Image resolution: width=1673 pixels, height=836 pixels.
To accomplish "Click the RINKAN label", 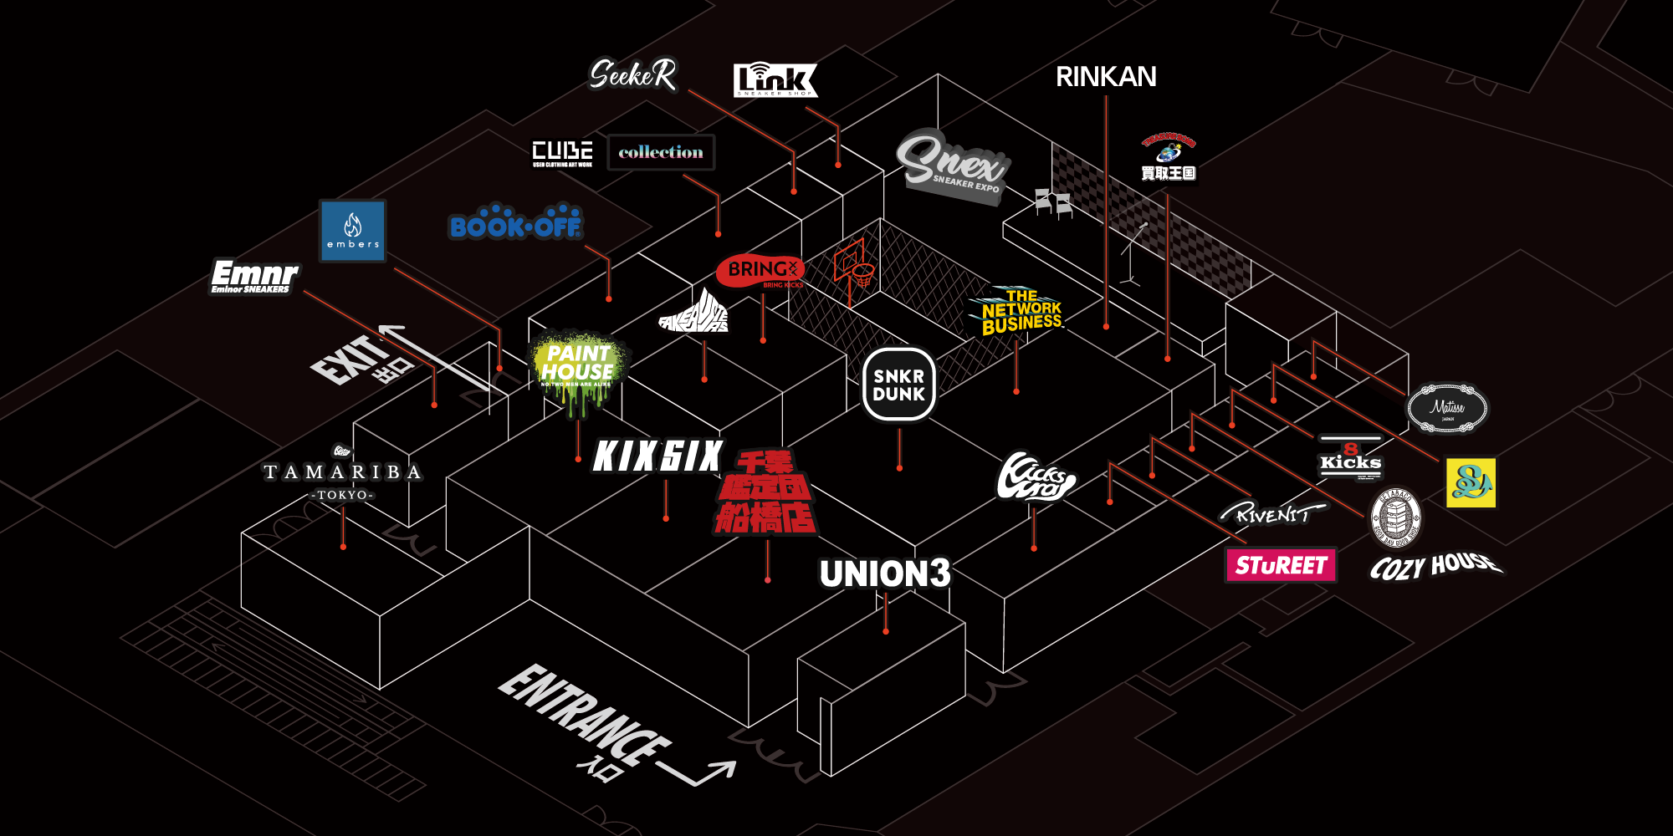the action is (1106, 77).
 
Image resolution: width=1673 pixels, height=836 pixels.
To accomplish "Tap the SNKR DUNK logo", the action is (899, 385).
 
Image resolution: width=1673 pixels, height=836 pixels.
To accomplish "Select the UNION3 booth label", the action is (885, 574).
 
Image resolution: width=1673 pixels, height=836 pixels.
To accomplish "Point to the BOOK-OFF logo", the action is (514, 223).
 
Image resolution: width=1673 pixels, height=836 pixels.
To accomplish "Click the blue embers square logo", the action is (353, 231).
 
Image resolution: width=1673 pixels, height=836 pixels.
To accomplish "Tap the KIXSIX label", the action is (657, 456).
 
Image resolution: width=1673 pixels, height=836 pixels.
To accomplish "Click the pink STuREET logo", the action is (1280, 566).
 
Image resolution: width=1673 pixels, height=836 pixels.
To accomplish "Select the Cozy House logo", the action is (1435, 566).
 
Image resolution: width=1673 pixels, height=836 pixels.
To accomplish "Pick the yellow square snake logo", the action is (1471, 482).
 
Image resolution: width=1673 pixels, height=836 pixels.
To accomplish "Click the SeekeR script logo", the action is (632, 75).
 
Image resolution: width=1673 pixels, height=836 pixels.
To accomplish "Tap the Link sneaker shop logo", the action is (775, 80).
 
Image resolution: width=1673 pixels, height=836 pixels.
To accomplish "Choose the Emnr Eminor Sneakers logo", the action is (253, 277).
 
